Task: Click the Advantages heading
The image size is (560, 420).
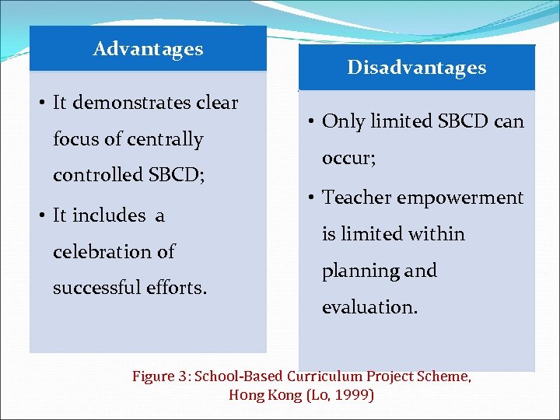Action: tap(148, 49)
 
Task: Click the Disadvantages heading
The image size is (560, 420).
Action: tap(416, 68)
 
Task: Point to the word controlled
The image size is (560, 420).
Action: tap(97, 176)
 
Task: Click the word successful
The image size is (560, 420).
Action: tap(98, 289)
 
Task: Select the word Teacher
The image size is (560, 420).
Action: tap(357, 198)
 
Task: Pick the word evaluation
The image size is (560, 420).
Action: tap(369, 307)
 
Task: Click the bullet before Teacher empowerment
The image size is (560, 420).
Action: tap(310, 198)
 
